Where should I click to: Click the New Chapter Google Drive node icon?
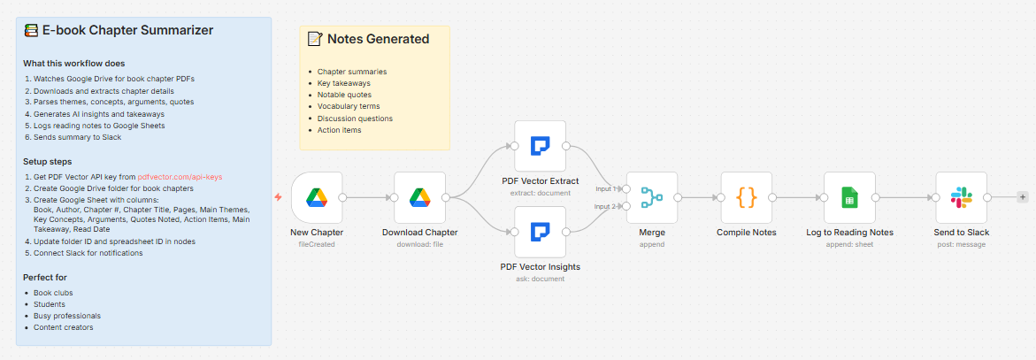pos(316,197)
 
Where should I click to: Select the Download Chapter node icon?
pos(419,197)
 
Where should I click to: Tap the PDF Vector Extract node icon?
pos(540,146)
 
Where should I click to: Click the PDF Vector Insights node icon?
pos(540,232)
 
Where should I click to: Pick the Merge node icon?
pos(652,197)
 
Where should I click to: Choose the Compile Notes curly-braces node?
pos(747,197)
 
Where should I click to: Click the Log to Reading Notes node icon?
pos(849,197)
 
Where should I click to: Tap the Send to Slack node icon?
pos(961,197)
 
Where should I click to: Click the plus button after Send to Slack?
pos(1023,197)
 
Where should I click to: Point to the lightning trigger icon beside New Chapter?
pos(279,197)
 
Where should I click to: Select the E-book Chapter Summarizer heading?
pos(127,30)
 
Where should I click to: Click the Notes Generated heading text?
pos(378,39)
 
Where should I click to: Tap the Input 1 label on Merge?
pos(606,188)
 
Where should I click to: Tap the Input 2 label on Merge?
pos(606,206)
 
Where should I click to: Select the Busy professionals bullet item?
pos(67,316)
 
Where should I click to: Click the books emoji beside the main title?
pos(32,30)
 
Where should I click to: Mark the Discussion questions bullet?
pos(355,119)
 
